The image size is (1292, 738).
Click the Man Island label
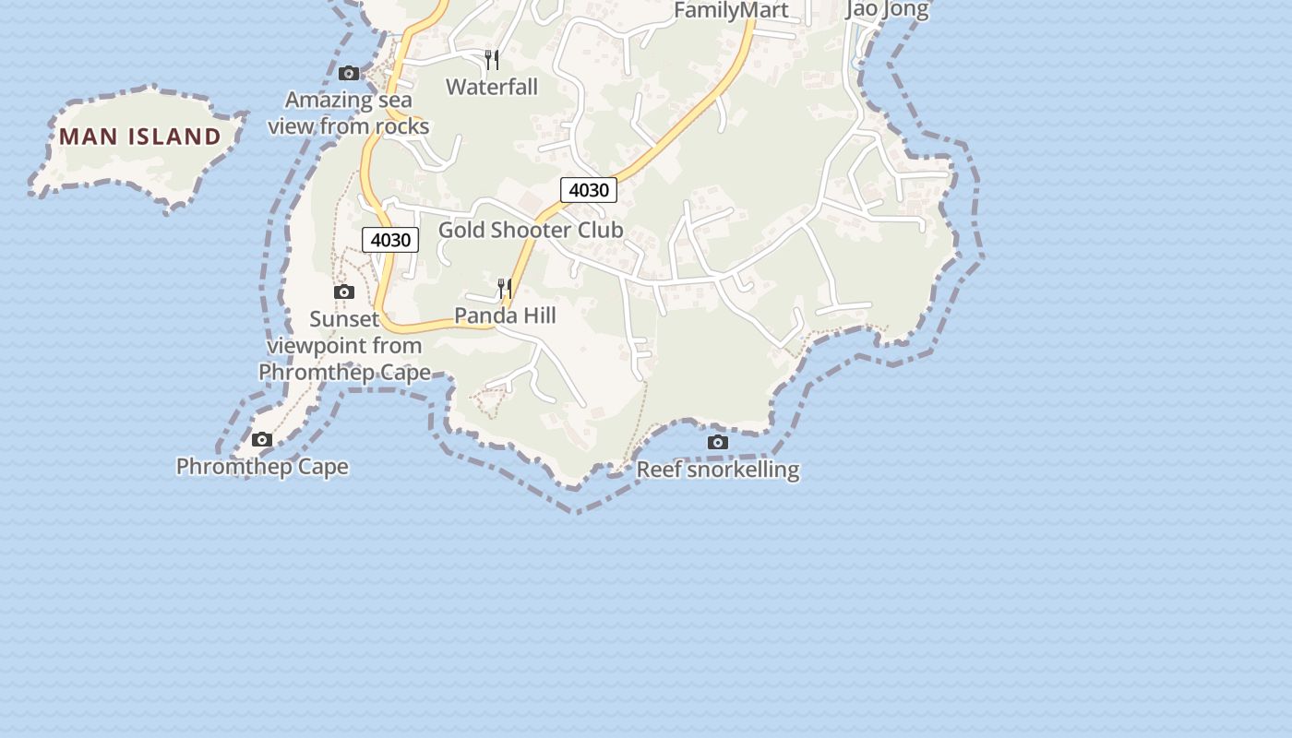pos(140,137)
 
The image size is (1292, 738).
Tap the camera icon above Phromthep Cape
pos(262,439)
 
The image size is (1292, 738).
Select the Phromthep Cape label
pos(262,466)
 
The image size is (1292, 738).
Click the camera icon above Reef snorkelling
pos(717,443)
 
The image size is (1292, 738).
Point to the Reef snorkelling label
pos(718,470)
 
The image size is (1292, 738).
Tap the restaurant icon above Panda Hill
pos(504,289)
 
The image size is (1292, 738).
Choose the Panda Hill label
pos(505,315)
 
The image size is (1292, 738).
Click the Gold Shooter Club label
pos(531,230)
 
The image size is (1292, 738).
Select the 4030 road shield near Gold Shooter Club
pos(589,190)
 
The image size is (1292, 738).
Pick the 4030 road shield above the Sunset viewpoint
pos(390,240)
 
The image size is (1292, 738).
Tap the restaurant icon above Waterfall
pos(492,60)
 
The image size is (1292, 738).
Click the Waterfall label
pos(492,87)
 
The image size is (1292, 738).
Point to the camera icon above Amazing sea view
pos(349,73)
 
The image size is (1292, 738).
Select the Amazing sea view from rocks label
pos(349,113)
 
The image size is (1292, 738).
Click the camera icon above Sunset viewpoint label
pos(343,292)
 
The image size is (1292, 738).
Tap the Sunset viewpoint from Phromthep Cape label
pos(344,346)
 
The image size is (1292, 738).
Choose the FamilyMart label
pos(731,10)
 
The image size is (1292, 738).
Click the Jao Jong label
pos(887,10)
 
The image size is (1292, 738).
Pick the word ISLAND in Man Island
pos(174,137)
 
